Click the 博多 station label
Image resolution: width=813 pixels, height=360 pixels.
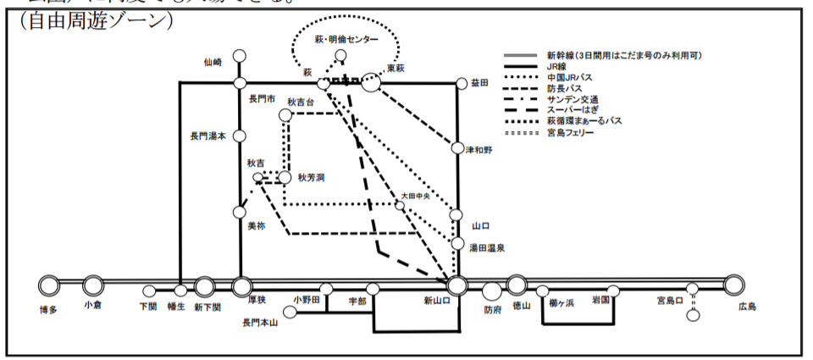[x=47, y=310]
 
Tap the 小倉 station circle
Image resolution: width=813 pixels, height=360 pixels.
[x=93, y=285]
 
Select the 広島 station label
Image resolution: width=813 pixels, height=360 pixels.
[x=748, y=307]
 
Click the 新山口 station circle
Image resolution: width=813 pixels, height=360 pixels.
[x=457, y=285]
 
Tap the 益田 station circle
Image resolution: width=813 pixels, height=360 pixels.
[x=462, y=83]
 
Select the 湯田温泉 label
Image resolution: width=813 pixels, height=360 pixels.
[x=488, y=247]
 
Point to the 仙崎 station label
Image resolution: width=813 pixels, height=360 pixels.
[x=213, y=62]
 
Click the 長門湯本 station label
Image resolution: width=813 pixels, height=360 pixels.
[x=208, y=136]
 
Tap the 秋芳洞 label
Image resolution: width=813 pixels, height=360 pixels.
[x=311, y=178]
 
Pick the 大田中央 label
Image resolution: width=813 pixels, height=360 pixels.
[x=416, y=196]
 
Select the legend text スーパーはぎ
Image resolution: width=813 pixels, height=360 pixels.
[x=573, y=110]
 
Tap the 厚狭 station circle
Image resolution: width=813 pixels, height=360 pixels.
[x=243, y=285]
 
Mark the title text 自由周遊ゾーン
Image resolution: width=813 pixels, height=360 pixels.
[x=94, y=20]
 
